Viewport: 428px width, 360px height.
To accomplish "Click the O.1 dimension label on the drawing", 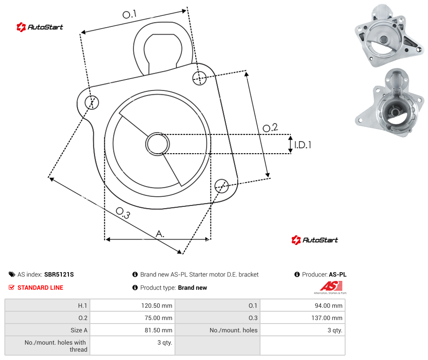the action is click(x=129, y=14).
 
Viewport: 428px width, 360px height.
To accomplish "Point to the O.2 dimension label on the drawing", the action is click(x=270, y=127).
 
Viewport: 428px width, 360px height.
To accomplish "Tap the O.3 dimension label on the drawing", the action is click(x=123, y=213).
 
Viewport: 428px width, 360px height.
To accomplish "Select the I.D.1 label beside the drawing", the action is click(x=303, y=145).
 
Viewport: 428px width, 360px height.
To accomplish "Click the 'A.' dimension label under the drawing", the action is click(x=160, y=234).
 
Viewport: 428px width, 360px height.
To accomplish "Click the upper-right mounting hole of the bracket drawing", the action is click(x=200, y=78).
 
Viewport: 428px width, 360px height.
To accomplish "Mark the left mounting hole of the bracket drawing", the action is click(x=92, y=102).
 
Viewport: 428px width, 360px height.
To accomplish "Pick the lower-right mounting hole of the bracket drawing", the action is click(x=221, y=186).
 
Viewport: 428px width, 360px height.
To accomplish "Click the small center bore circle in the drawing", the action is click(x=157, y=144).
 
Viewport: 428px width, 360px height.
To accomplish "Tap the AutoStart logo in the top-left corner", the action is click(x=40, y=27).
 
